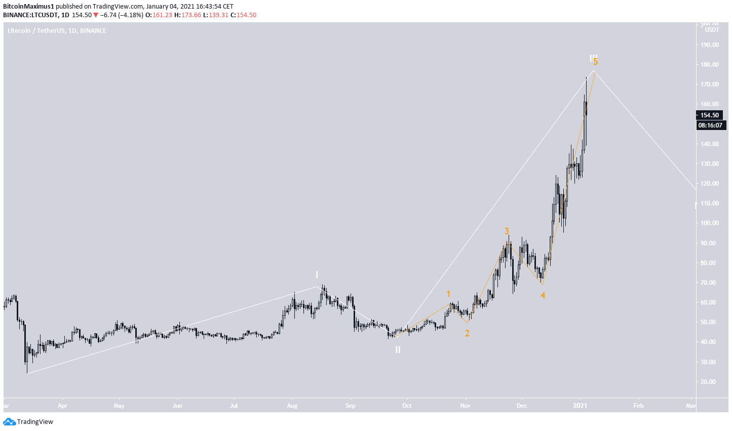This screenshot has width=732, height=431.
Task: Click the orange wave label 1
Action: click(x=448, y=294)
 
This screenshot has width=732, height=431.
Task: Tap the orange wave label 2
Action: click(x=467, y=333)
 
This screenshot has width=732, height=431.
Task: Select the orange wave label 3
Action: click(x=507, y=231)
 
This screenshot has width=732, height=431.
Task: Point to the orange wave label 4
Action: click(x=543, y=295)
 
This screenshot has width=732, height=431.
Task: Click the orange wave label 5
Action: click(x=596, y=62)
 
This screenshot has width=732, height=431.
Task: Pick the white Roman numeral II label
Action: click(x=398, y=350)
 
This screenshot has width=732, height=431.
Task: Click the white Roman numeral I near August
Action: click(x=317, y=275)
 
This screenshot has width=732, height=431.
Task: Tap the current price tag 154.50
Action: click(x=710, y=115)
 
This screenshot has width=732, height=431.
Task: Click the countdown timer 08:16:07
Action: click(x=710, y=125)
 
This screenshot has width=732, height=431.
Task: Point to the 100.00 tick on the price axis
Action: click(x=710, y=223)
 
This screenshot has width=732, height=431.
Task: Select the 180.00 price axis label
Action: click(x=710, y=65)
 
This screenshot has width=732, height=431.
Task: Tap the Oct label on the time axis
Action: click(x=407, y=405)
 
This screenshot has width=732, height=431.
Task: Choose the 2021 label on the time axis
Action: click(x=580, y=405)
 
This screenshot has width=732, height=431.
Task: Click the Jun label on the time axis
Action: click(x=177, y=405)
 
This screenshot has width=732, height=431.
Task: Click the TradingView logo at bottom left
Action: click(x=28, y=422)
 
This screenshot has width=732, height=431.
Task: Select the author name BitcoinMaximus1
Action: click(x=28, y=7)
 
